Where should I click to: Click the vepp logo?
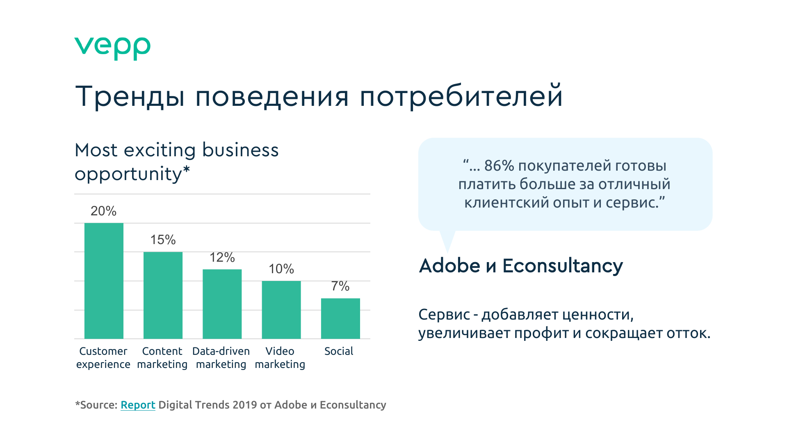(112, 48)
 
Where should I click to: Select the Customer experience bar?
(104, 281)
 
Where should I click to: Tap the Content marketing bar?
(163, 295)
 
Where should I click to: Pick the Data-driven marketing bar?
(222, 304)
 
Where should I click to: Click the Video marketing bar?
(281, 310)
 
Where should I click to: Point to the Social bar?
(340, 318)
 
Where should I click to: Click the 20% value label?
(103, 211)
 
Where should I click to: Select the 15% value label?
(163, 240)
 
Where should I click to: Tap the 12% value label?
(222, 257)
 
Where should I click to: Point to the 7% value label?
(340, 286)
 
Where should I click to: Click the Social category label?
(339, 351)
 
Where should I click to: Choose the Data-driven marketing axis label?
(221, 358)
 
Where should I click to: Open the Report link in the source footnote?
(138, 405)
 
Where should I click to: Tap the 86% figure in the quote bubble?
(499, 166)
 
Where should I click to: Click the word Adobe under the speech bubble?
(450, 266)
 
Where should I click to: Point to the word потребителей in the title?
(461, 96)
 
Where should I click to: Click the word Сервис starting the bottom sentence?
(444, 315)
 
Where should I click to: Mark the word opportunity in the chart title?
(128, 174)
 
